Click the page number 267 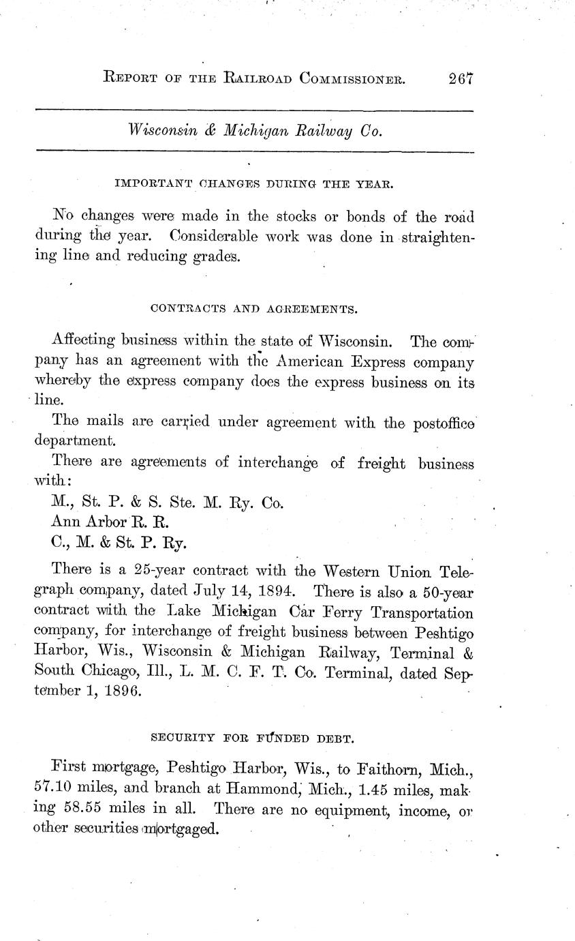coord(461,79)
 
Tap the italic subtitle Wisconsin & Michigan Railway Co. coord(255,130)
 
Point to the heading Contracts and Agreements coord(253,309)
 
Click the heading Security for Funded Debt coord(253,737)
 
